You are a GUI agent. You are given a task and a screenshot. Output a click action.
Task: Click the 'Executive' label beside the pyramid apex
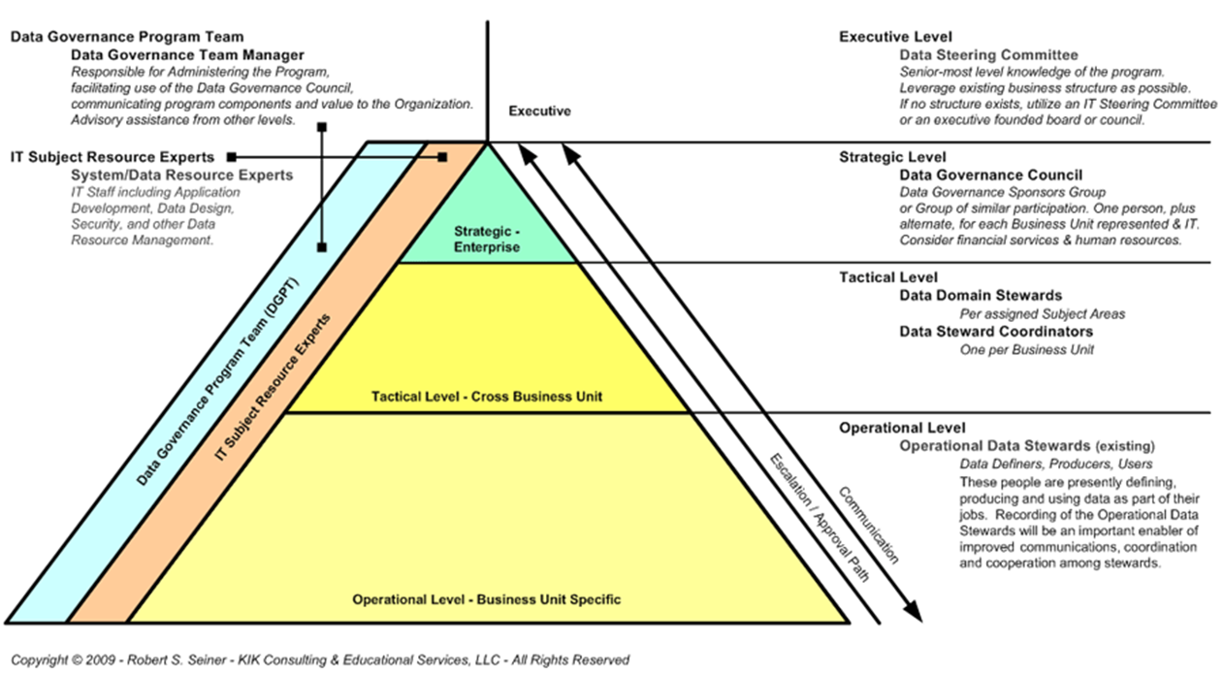tap(539, 112)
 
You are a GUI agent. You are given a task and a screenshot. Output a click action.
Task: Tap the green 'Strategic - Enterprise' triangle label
tap(487, 240)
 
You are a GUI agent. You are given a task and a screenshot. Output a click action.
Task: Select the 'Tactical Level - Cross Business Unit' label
tap(487, 396)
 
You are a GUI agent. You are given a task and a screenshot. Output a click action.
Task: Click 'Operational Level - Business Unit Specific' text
tap(486, 599)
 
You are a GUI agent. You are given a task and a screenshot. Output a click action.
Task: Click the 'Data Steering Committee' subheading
tap(988, 55)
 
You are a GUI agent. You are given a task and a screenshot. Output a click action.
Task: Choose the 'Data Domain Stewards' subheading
tap(981, 295)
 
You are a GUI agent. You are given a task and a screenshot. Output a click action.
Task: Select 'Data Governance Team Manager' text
tap(187, 55)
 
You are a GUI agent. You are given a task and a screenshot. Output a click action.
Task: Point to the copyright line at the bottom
tap(320, 660)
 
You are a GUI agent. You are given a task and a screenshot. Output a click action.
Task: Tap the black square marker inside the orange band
tap(442, 156)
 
